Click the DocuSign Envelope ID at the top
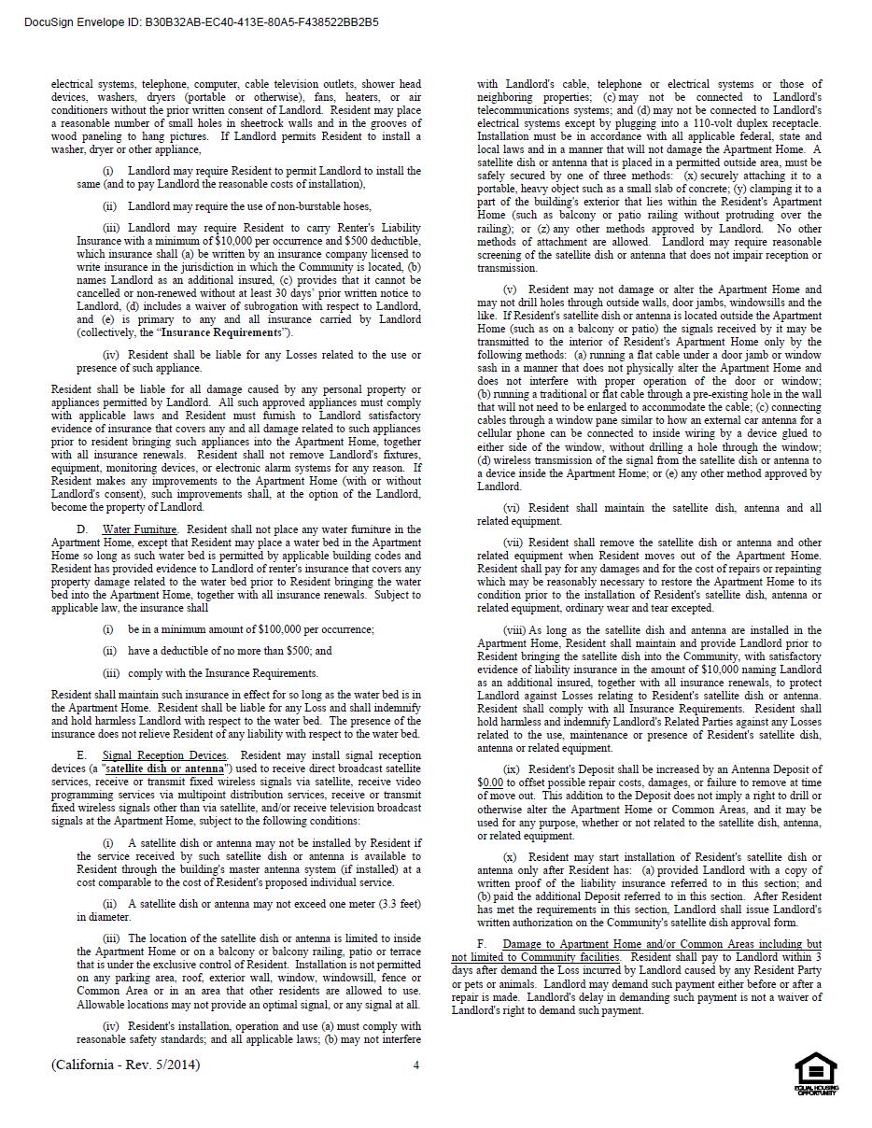coord(202,21)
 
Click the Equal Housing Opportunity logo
coord(815,1073)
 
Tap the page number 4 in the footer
coord(416,1065)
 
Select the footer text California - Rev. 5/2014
coord(125,1065)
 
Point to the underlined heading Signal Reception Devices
coord(164,755)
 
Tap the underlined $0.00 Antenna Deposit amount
coord(490,783)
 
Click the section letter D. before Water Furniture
coord(82,529)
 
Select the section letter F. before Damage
coord(482,944)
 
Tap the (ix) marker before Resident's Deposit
coord(512,769)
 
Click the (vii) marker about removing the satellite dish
coord(513,543)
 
